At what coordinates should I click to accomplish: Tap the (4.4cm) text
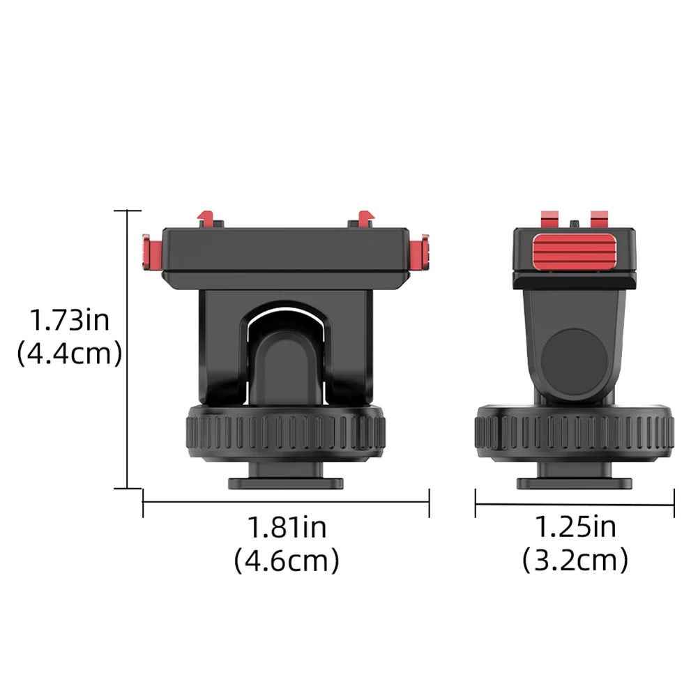[x=69, y=354]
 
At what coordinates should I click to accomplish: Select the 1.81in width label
[x=287, y=527]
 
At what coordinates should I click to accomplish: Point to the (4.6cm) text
[x=287, y=560]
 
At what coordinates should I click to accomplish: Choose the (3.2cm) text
[x=575, y=560]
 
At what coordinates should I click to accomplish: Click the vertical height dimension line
[x=127, y=349]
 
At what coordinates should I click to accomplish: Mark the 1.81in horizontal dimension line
[x=286, y=500]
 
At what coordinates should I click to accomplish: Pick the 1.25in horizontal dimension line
[x=575, y=500]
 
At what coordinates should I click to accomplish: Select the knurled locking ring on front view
[x=287, y=432]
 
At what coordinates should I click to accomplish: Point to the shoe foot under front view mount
[x=287, y=481]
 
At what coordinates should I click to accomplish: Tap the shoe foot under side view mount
[x=575, y=482]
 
